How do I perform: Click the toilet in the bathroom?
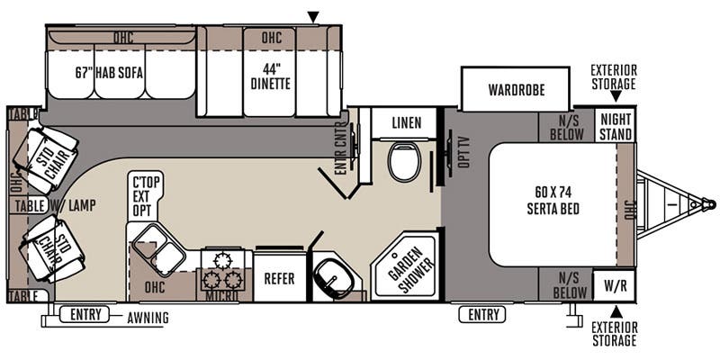coord(404,161)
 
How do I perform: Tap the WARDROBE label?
coord(516,89)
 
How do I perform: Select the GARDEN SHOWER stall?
coord(404,266)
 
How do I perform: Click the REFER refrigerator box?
coord(280,277)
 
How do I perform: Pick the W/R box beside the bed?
coord(614,286)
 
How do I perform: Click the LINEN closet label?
coord(407,122)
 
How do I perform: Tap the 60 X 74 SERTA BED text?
coord(553,201)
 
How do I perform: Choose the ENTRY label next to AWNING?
coord(85,314)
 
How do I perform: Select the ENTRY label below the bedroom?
coord(482,314)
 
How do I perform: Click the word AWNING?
coord(148,318)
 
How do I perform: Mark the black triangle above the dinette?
coord(313,17)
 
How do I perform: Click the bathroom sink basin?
coord(335,278)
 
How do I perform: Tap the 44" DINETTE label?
coord(271,76)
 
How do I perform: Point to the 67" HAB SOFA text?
coord(109,73)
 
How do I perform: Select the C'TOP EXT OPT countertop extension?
coord(147,197)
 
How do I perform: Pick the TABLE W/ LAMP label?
coord(55,206)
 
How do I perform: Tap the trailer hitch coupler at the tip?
coord(710,203)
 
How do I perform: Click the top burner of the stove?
coord(222,260)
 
